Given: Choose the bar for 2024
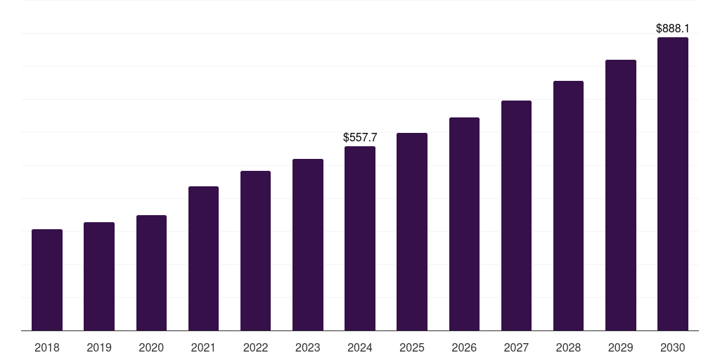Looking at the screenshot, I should [x=360, y=238].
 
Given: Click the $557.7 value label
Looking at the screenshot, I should [x=360, y=138].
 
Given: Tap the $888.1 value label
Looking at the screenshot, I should [x=673, y=29].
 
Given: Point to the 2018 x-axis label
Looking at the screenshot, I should [x=47, y=347].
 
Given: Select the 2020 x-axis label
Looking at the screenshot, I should [x=151, y=347].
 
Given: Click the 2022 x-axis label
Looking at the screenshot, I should [x=255, y=347].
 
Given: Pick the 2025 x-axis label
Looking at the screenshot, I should [x=412, y=347].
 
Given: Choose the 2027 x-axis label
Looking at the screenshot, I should [x=516, y=347].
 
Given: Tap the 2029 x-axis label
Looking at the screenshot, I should [x=621, y=347].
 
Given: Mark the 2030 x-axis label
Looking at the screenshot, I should [x=673, y=347].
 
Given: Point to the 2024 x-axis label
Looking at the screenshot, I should [x=360, y=347].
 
